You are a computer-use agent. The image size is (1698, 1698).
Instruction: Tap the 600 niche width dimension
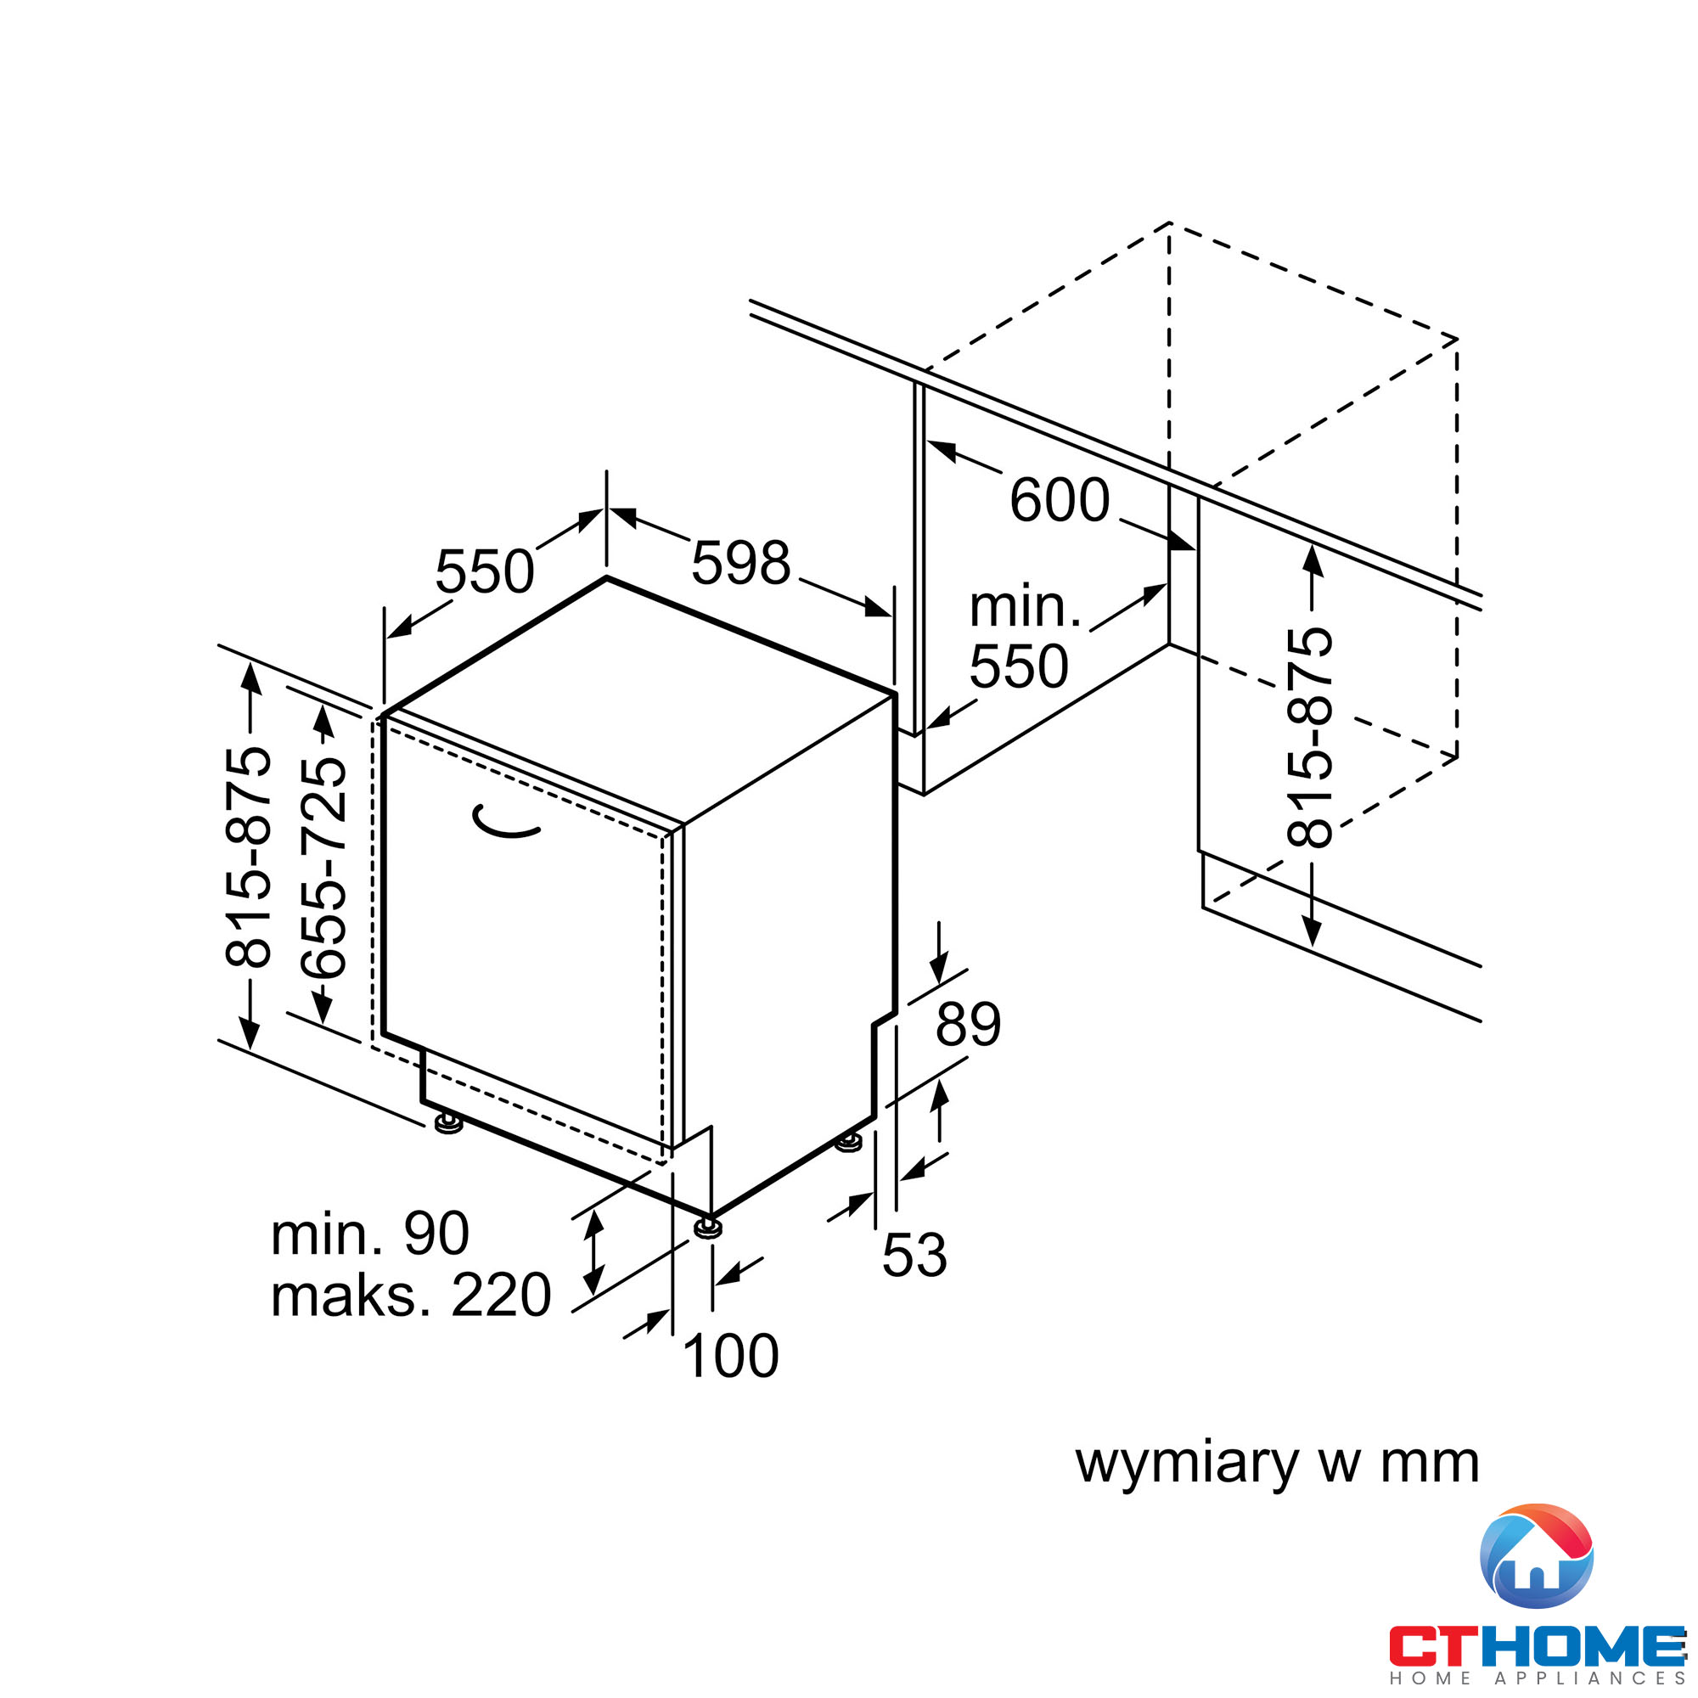(x=1059, y=499)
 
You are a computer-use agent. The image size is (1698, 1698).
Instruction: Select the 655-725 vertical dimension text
(x=323, y=868)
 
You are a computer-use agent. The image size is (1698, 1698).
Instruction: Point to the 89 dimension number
(x=968, y=1024)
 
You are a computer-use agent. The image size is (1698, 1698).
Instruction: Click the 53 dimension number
(x=914, y=1254)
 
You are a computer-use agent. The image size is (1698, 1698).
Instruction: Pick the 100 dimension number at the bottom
(x=730, y=1356)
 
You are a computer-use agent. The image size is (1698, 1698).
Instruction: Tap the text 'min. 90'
(x=370, y=1234)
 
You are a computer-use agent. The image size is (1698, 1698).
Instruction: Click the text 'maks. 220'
(x=410, y=1295)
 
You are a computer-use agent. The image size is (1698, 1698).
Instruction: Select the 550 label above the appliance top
(x=484, y=571)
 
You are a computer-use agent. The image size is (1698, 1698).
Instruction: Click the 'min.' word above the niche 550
(x=1025, y=606)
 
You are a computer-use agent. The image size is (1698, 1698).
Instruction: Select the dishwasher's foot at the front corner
(x=707, y=1226)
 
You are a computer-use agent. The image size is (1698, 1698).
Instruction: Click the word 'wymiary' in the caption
(x=1187, y=1464)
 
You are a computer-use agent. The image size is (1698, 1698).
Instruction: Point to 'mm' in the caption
(x=1430, y=1462)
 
